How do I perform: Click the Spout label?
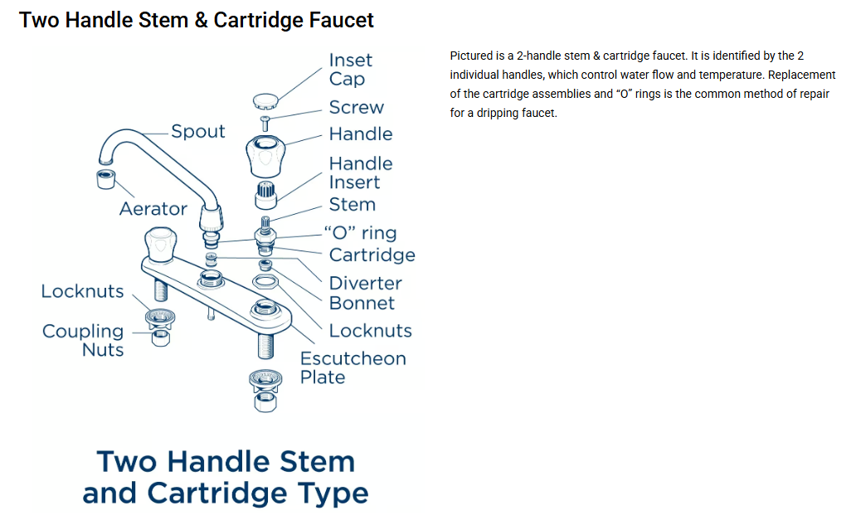(x=197, y=132)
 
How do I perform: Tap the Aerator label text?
(x=153, y=209)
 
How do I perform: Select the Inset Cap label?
(x=350, y=70)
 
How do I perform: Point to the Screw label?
(x=356, y=108)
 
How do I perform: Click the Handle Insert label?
(x=360, y=173)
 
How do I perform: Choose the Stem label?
(x=352, y=205)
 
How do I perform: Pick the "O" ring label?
(x=362, y=233)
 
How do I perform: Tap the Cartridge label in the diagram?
(x=372, y=255)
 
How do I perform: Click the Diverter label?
(x=365, y=284)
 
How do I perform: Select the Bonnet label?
(x=362, y=304)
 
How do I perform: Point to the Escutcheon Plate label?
(x=353, y=368)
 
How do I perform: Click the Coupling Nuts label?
(x=83, y=341)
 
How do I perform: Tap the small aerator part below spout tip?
(x=106, y=177)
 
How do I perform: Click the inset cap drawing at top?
(x=265, y=100)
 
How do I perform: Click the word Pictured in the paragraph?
(x=471, y=56)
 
